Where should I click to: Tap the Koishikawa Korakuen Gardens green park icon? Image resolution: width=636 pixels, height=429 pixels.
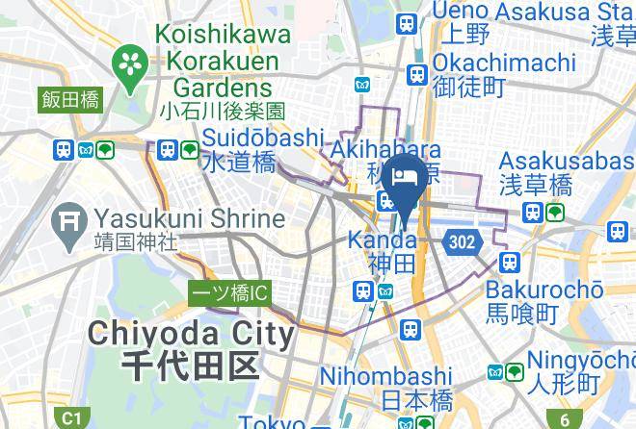click(127, 66)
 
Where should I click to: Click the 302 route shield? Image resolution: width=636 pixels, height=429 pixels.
click(462, 242)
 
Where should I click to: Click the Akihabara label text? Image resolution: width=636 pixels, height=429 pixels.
click(385, 151)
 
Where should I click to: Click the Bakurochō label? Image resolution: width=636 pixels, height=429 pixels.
click(544, 290)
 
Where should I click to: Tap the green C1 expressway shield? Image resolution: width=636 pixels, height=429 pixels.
click(70, 418)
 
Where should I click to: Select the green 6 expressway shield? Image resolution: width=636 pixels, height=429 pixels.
click(565, 418)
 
